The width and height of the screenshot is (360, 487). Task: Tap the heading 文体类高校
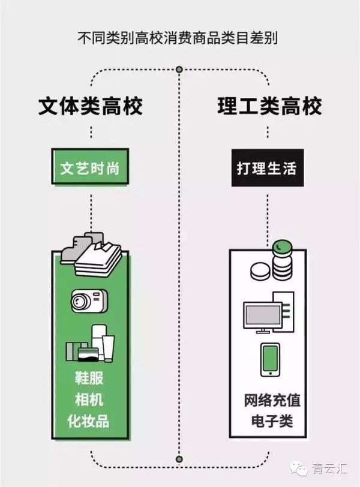click(91, 106)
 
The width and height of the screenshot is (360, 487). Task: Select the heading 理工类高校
click(269, 106)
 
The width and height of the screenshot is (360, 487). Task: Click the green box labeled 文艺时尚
click(89, 168)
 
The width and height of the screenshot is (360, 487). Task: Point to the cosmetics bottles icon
click(90, 345)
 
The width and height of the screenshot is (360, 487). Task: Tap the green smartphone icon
click(269, 359)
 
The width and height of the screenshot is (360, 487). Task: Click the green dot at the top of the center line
click(179, 71)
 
